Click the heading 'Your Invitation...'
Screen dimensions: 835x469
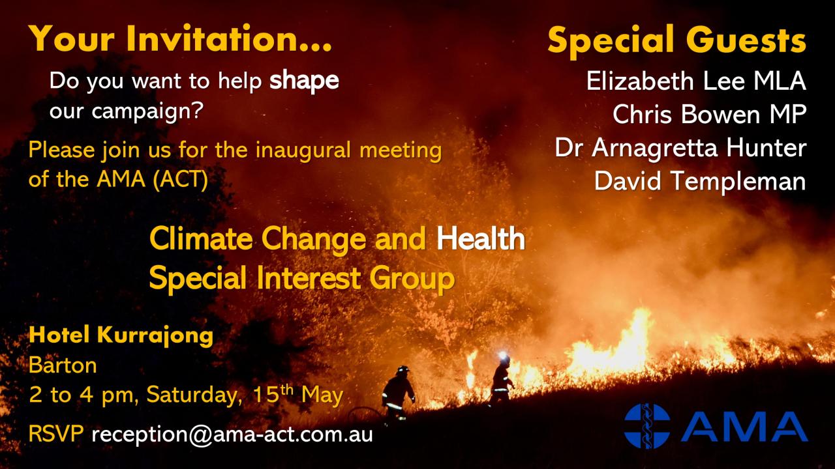click(181, 38)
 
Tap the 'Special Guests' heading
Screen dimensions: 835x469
click(677, 41)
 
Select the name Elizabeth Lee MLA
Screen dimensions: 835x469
click(696, 81)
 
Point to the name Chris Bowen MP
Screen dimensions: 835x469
click(709, 114)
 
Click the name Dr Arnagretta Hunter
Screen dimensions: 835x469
click(680, 148)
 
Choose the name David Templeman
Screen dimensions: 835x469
click(700, 181)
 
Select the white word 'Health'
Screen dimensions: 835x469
click(481, 238)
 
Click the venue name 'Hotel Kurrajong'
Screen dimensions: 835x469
click(121, 335)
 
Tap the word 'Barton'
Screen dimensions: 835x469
click(63, 365)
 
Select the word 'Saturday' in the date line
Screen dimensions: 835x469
click(192, 395)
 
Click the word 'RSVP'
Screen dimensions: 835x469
click(56, 434)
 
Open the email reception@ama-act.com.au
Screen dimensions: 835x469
click(232, 434)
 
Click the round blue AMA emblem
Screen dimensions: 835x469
click(647, 426)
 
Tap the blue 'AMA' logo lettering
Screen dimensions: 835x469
click(744, 426)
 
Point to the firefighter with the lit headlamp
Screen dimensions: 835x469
click(502, 378)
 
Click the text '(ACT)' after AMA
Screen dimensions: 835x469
click(181, 180)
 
